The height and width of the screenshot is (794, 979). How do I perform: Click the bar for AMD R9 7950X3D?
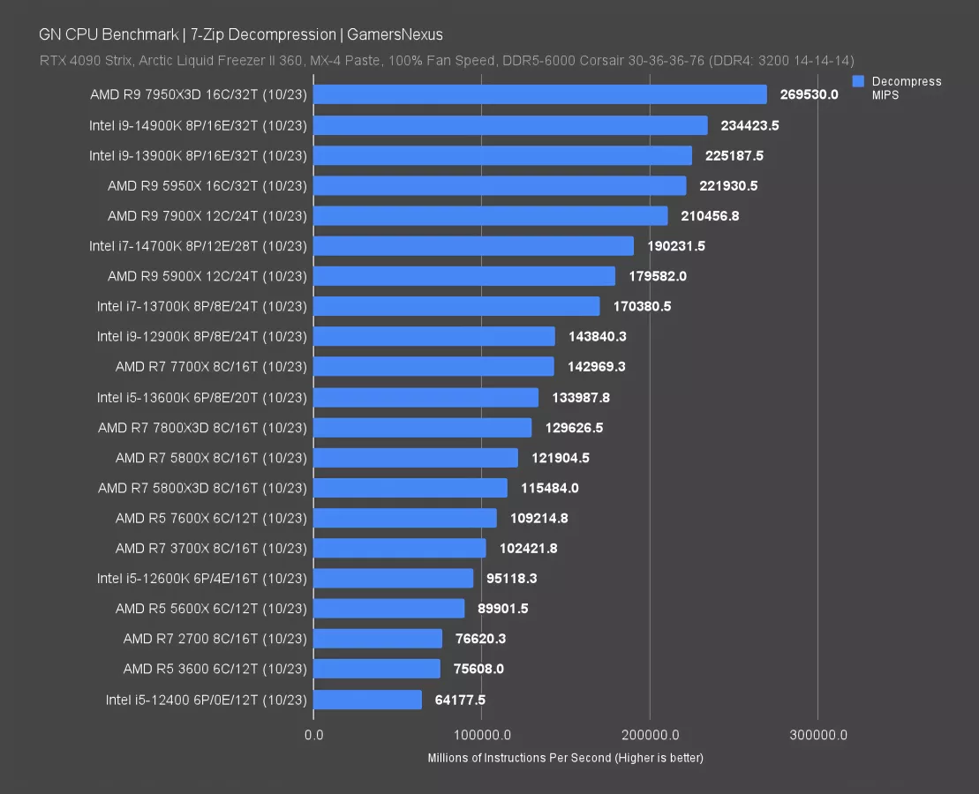(x=539, y=94)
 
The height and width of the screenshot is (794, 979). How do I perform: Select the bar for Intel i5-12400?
(x=367, y=700)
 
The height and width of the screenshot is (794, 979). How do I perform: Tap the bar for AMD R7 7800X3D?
(x=422, y=427)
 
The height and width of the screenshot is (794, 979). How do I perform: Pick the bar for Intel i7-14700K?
(x=473, y=246)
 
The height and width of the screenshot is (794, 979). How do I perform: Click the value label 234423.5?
(x=749, y=125)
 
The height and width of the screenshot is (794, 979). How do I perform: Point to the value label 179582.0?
(x=657, y=276)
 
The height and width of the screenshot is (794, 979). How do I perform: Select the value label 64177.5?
(x=460, y=700)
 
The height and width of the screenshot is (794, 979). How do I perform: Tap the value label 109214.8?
(x=538, y=518)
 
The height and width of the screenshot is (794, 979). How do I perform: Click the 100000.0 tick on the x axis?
(x=481, y=735)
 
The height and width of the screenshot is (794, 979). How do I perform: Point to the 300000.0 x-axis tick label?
(x=817, y=735)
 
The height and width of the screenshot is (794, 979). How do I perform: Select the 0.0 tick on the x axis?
(x=313, y=735)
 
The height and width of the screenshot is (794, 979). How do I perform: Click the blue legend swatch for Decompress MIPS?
(x=858, y=81)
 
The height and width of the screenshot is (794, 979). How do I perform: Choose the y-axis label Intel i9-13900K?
(x=198, y=155)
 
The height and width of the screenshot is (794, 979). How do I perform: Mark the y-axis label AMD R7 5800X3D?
(x=202, y=488)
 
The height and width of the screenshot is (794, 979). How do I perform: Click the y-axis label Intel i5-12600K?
(x=202, y=579)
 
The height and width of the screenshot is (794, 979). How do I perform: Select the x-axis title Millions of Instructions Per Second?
(x=565, y=758)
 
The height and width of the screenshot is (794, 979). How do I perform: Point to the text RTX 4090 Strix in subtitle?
(x=80, y=60)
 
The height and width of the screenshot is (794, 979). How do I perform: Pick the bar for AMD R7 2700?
(x=377, y=639)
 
